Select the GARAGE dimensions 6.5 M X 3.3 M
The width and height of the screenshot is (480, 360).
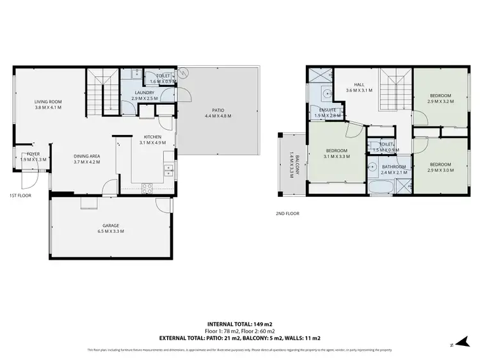pyautogui.click(x=111, y=231)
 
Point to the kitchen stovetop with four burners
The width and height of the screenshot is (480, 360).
pyautogui.click(x=147, y=188)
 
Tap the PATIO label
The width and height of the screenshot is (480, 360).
pyautogui.click(x=218, y=111)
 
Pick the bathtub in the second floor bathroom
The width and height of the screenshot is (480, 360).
pyautogui.click(x=382, y=188)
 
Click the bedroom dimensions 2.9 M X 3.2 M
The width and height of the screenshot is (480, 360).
pyautogui.click(x=440, y=101)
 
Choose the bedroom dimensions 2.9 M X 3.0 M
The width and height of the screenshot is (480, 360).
pyautogui.click(x=440, y=170)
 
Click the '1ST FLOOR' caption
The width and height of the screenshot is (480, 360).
pyautogui.click(x=20, y=195)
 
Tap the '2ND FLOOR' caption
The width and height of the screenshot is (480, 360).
pyautogui.click(x=287, y=214)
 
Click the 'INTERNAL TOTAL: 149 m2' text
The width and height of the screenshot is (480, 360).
pyautogui.click(x=239, y=324)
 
